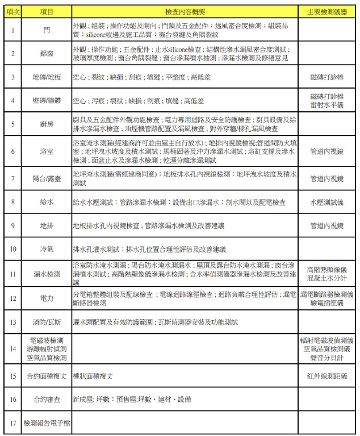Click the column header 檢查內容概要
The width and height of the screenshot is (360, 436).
(185, 11)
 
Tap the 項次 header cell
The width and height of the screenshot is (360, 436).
(13, 11)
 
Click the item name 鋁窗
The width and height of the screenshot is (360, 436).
(47, 54)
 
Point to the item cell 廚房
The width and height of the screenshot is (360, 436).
(47, 124)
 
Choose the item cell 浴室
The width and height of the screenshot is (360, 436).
(47, 152)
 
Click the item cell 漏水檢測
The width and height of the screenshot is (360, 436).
(47, 274)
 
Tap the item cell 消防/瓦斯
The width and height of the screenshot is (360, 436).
(47, 322)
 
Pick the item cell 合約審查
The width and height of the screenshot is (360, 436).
(47, 399)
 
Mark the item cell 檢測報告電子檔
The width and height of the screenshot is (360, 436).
(47, 423)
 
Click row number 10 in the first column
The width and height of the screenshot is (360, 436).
(13, 249)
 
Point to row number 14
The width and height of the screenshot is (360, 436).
(13, 349)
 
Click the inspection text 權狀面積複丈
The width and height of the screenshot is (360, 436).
(93, 376)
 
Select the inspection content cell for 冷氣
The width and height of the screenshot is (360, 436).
(185, 249)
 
